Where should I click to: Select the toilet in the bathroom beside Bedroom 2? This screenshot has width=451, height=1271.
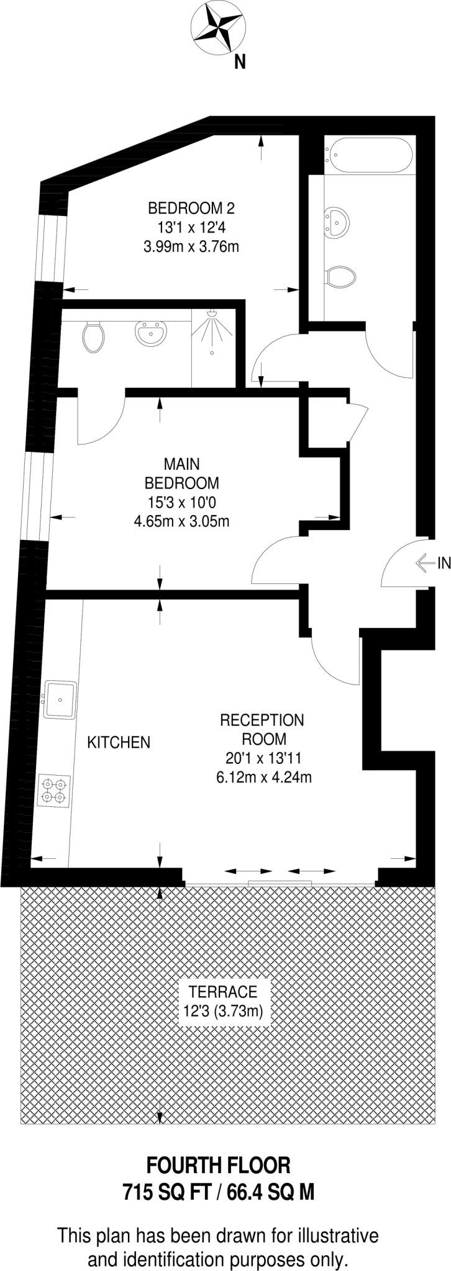[x=340, y=276]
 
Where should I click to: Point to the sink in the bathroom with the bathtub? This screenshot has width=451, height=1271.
[x=338, y=222]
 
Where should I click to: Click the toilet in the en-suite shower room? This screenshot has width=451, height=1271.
[x=93, y=336]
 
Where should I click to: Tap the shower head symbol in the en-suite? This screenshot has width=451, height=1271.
[x=212, y=315]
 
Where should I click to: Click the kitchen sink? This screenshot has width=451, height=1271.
[x=60, y=699]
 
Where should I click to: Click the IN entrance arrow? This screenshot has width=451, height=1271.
[x=426, y=563]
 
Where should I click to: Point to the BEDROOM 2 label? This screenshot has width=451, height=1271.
[x=191, y=207]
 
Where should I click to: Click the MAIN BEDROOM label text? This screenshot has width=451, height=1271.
[x=181, y=473]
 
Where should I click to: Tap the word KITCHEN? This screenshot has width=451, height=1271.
[x=119, y=742]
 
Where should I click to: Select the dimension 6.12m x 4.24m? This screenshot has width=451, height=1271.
[x=263, y=776]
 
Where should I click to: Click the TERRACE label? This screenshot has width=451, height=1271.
[x=223, y=991]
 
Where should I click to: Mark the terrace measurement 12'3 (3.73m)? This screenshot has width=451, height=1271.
[x=224, y=1011]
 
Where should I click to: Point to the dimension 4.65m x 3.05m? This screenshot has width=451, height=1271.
[x=181, y=521]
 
